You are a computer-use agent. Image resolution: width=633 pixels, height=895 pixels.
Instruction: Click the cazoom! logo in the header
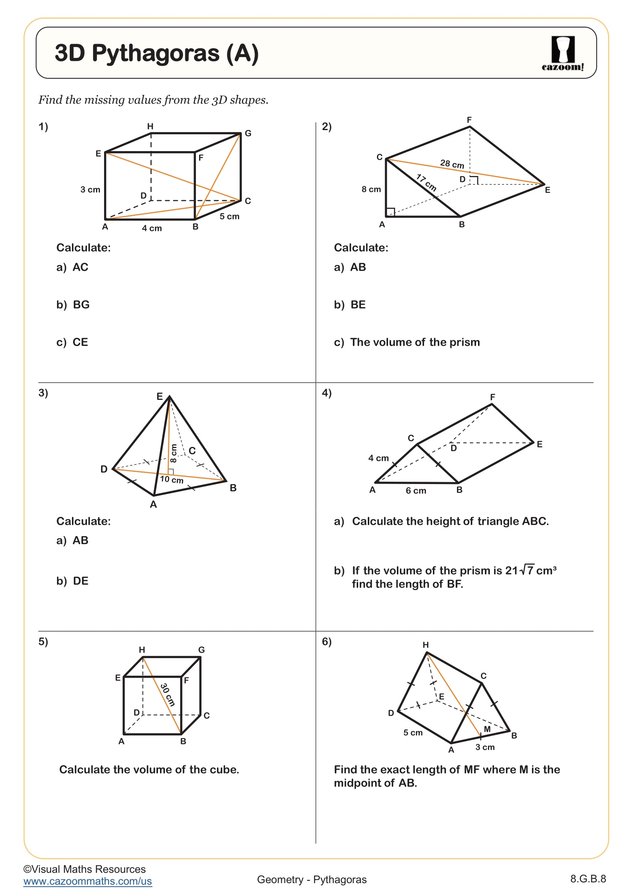[563, 54]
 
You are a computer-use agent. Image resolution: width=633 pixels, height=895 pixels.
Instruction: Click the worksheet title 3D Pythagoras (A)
[157, 53]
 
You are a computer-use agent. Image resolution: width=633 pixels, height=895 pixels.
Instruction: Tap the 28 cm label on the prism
[452, 164]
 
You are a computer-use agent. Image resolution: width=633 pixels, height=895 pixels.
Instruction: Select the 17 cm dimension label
[426, 183]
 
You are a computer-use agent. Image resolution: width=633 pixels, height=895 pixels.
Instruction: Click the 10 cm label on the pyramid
[171, 479]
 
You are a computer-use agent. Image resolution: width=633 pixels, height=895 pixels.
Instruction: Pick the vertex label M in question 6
[487, 729]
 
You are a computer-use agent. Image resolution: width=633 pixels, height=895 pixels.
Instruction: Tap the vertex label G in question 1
[248, 133]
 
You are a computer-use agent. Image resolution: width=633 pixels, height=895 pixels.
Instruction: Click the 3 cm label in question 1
[90, 189]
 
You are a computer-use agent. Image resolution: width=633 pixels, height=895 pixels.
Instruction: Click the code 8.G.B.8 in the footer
[588, 879]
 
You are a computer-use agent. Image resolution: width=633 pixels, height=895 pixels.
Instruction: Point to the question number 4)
[326, 393]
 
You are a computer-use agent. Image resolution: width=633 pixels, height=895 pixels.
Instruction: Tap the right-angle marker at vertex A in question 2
[390, 212]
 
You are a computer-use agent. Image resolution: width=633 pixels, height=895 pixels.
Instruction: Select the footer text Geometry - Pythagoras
[312, 879]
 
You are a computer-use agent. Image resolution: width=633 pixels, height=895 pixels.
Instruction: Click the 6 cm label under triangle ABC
[416, 491]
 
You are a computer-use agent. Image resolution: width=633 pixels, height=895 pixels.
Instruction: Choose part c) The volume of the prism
[406, 342]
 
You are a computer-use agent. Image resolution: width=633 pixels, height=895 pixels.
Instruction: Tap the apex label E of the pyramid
[160, 396]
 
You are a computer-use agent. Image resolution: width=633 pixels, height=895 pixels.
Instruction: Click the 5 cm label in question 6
[413, 732]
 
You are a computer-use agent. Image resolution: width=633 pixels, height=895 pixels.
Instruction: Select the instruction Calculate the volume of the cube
[149, 769]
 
